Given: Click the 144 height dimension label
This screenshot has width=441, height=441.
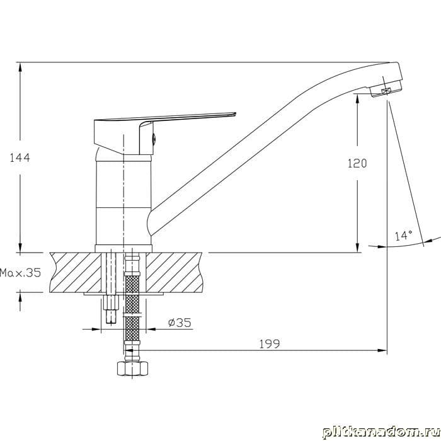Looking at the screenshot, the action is pyautogui.click(x=20, y=157).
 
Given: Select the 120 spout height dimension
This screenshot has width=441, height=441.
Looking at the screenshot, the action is pyautogui.click(x=357, y=163).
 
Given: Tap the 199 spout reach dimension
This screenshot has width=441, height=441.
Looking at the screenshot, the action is pyautogui.click(x=270, y=344).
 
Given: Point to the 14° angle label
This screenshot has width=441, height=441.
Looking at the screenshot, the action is pyautogui.click(x=404, y=236).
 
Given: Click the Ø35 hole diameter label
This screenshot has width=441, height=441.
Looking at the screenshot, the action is pyautogui.click(x=180, y=323).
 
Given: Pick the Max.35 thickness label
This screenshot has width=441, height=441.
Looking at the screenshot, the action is pyautogui.click(x=20, y=273).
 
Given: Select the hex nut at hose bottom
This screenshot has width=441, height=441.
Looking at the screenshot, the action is pyautogui.click(x=132, y=368).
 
